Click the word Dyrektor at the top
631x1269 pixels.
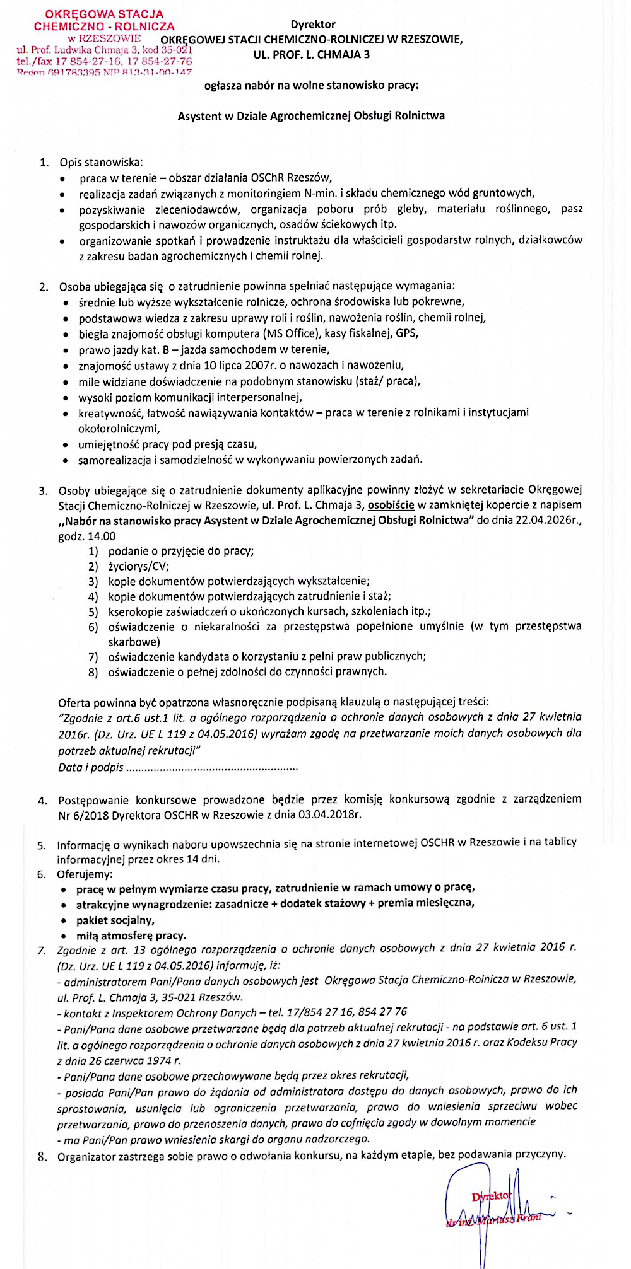point(313,25)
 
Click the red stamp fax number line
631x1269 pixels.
point(104,62)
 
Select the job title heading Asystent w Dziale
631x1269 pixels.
point(311,116)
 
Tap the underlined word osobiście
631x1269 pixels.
point(391,505)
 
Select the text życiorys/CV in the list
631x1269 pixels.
point(139,566)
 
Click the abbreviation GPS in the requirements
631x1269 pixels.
point(407,333)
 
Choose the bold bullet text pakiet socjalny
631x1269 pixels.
point(115,920)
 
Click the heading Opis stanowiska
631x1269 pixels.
point(101,163)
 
